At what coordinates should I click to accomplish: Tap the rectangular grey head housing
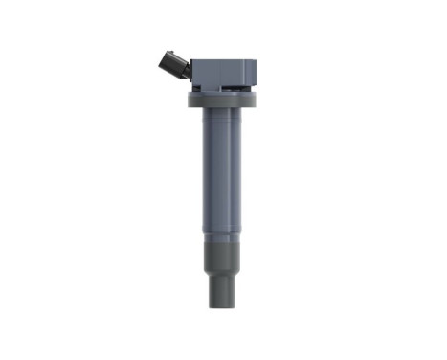click(x=222, y=71)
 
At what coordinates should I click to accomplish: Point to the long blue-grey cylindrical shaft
click(x=221, y=172)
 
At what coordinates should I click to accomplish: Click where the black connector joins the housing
click(x=190, y=67)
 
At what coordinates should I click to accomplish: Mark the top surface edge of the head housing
click(x=225, y=58)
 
